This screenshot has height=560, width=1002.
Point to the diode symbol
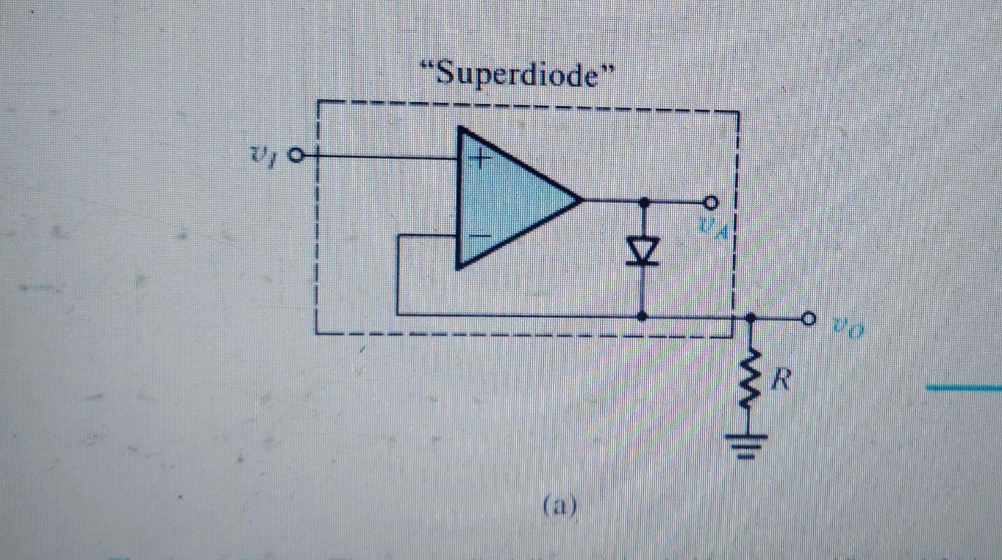[643, 251]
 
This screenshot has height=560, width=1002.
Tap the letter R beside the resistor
[781, 379]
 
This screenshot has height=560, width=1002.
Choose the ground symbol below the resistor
[751, 446]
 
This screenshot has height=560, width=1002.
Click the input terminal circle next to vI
[296, 156]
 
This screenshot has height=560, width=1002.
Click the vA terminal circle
[711, 201]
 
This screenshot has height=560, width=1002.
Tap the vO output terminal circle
[808, 318]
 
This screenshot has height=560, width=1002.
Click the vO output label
[849, 329]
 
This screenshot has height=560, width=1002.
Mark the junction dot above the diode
[644, 200]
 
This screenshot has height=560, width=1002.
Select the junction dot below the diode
[643, 316]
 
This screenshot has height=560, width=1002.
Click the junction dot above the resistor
[751, 317]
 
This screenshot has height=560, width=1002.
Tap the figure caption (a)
[560, 505]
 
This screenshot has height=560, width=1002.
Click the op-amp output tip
[580, 199]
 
